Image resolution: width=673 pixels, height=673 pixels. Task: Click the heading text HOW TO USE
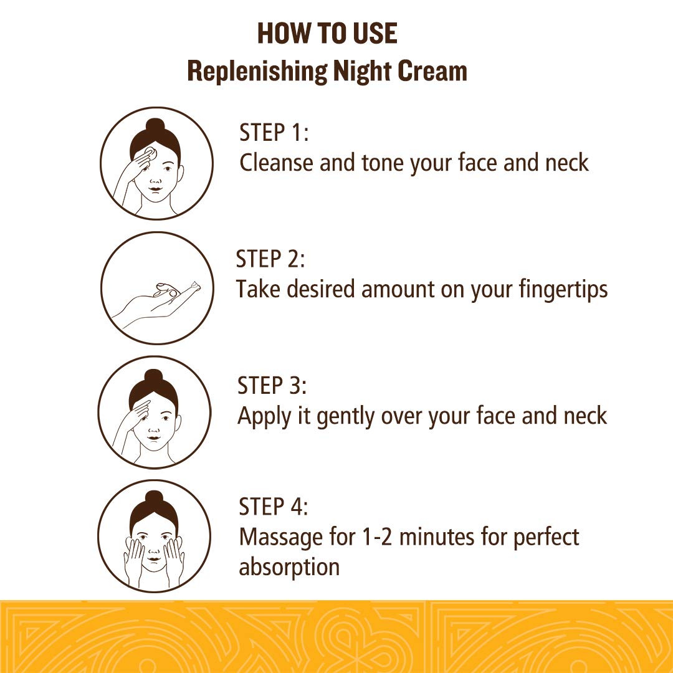tap(327, 34)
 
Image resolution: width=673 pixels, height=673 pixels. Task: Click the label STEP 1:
tap(274, 132)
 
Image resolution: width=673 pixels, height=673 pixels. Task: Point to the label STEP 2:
tap(270, 259)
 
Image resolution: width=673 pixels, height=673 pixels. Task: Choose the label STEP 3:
tap(272, 385)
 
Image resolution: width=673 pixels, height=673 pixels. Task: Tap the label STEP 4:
tap(274, 506)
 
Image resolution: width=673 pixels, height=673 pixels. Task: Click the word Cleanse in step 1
tap(276, 163)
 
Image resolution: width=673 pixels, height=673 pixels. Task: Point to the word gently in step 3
tap(345, 417)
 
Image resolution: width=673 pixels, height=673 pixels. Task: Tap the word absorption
tap(289, 568)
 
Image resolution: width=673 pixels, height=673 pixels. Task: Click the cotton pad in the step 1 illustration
tap(150, 153)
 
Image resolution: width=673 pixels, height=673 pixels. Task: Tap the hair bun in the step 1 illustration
tap(155, 126)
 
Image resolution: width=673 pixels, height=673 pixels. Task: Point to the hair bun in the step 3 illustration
tap(153, 377)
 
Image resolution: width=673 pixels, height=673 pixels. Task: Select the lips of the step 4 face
tap(154, 560)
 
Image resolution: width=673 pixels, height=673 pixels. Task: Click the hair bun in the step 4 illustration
tap(154, 500)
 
